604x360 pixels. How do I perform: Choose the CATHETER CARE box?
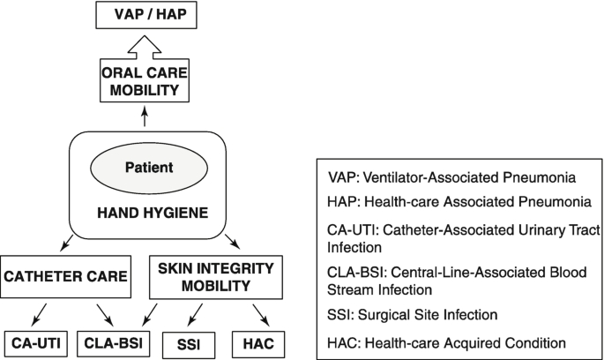click(66, 277)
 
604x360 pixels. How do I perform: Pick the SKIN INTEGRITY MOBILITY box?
click(216, 277)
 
